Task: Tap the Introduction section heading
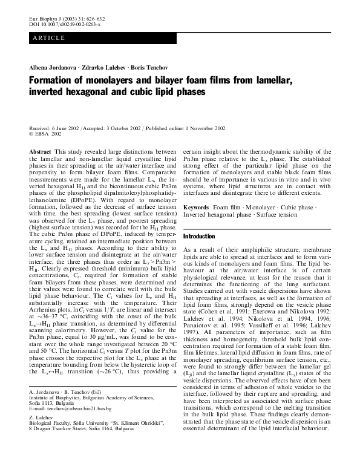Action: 199,236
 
